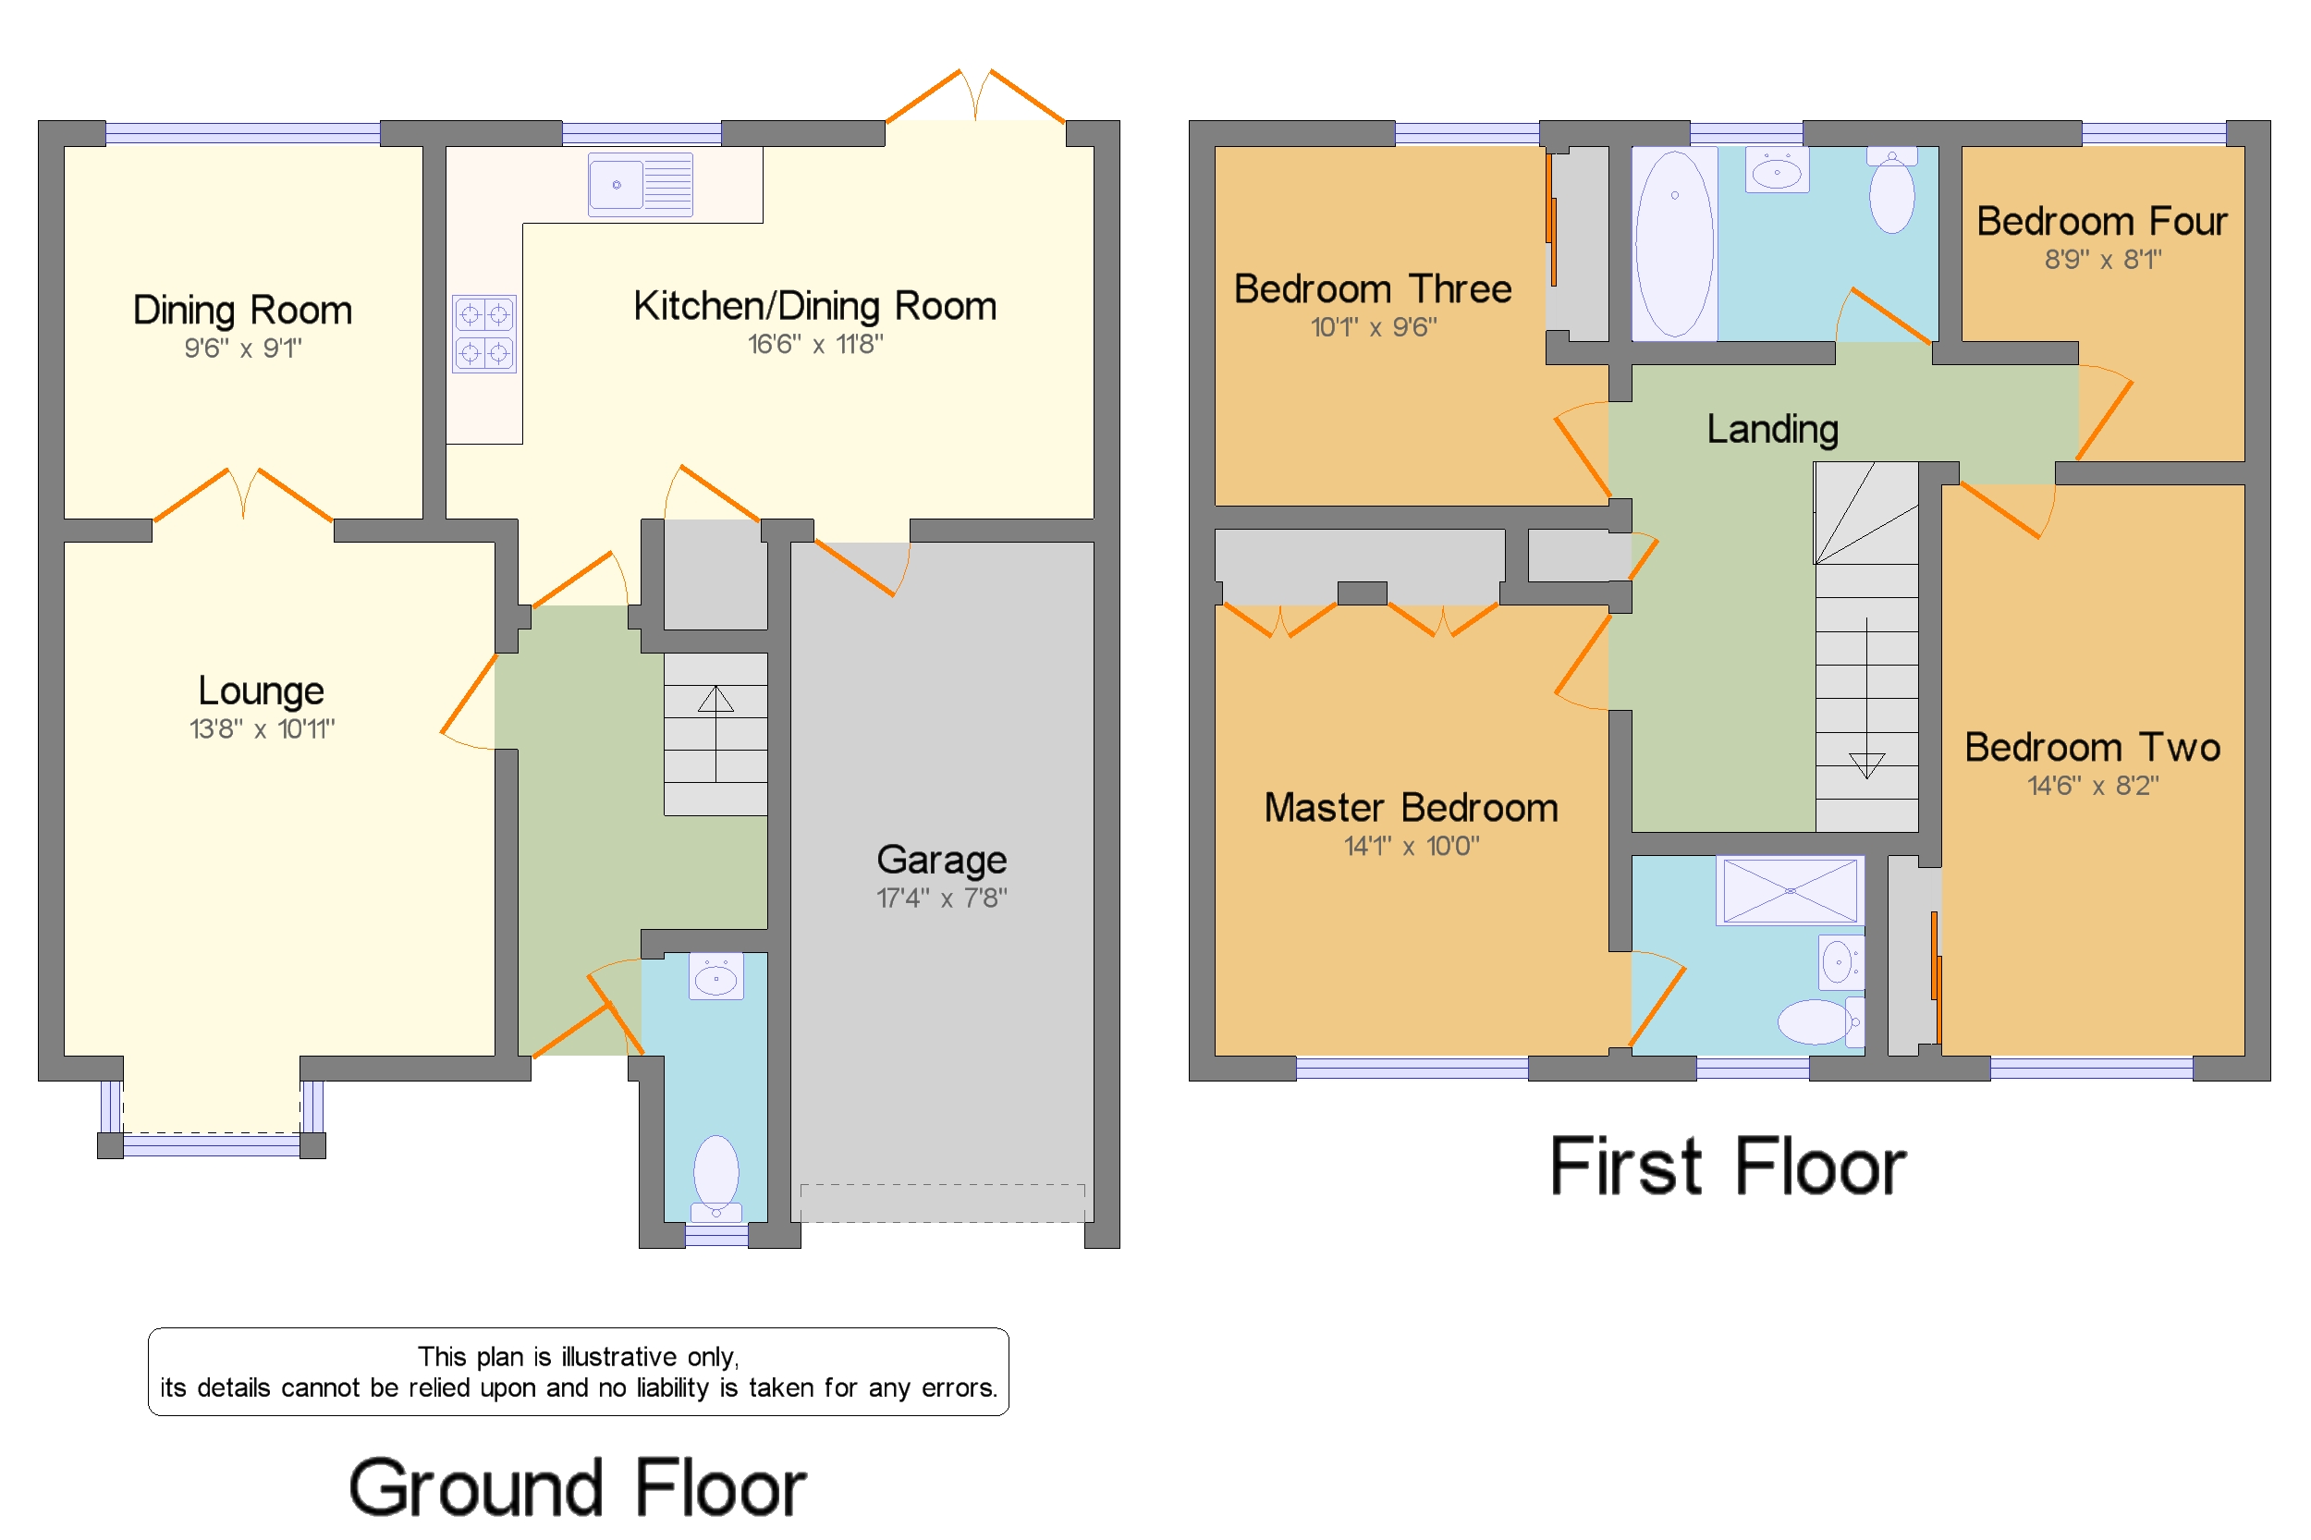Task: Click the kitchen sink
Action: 640,184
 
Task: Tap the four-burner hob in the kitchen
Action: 483,333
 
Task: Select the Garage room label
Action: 941,860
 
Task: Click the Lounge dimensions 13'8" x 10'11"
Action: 262,728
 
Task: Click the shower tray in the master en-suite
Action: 1790,890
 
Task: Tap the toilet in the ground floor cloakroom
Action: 716,1178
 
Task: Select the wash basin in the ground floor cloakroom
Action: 716,976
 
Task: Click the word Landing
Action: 1772,430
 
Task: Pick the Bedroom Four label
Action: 2101,221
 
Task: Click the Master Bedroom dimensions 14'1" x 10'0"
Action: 1411,846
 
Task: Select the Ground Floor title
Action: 578,1488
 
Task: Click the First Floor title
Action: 1728,1167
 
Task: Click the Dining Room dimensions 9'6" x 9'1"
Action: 242,348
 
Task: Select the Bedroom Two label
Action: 2092,748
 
